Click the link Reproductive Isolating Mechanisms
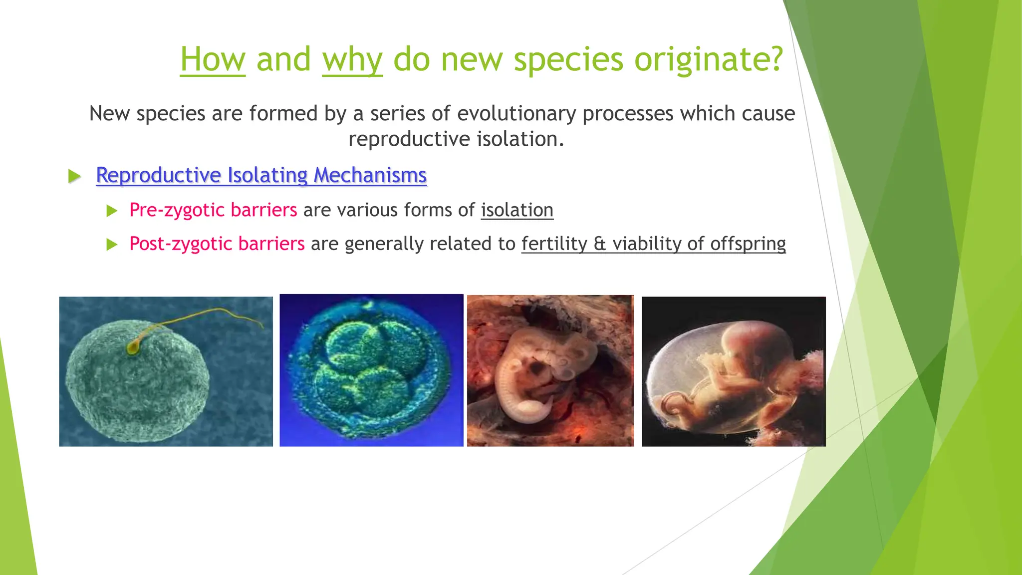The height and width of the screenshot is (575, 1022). pyautogui.click(x=261, y=175)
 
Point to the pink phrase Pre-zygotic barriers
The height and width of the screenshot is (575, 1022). pyautogui.click(x=213, y=210)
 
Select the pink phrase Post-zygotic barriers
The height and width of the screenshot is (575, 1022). pyautogui.click(x=217, y=244)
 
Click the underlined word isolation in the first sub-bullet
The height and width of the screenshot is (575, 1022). pyautogui.click(x=517, y=210)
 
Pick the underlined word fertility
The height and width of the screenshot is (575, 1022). pyautogui.click(x=554, y=244)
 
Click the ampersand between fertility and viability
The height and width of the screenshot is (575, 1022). pyautogui.click(x=600, y=244)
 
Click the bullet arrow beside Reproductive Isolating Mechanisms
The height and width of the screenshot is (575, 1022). pyautogui.click(x=74, y=176)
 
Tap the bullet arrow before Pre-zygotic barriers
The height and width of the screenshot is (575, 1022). pyautogui.click(x=112, y=211)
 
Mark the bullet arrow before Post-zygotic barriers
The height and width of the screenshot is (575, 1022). pyautogui.click(x=112, y=245)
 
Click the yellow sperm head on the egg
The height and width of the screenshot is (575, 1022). pyautogui.click(x=133, y=347)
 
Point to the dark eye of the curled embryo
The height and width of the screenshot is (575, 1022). pyautogui.click(x=537, y=369)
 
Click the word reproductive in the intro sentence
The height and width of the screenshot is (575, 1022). pyautogui.click(x=409, y=139)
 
